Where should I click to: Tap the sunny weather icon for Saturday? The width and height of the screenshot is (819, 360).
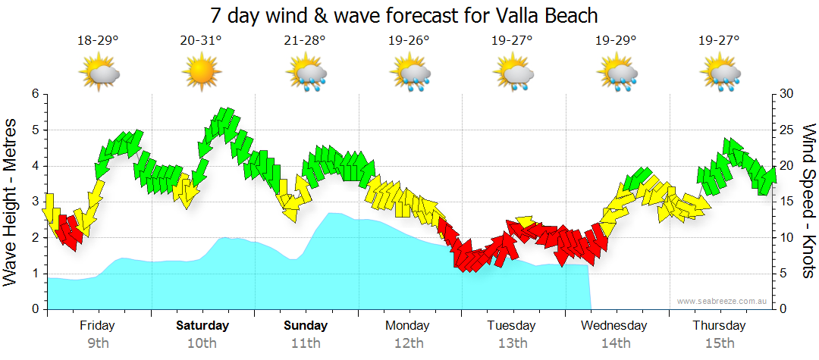click(202, 73)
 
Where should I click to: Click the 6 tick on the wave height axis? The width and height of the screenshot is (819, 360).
click(34, 94)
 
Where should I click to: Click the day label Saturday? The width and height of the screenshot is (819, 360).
click(202, 326)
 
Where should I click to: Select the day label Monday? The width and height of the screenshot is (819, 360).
click(408, 326)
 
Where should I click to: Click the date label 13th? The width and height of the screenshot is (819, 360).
click(513, 343)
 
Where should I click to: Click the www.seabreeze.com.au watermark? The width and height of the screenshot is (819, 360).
click(722, 302)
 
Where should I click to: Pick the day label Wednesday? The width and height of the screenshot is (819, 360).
click(614, 326)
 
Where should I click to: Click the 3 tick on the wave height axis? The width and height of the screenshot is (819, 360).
click(34, 202)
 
